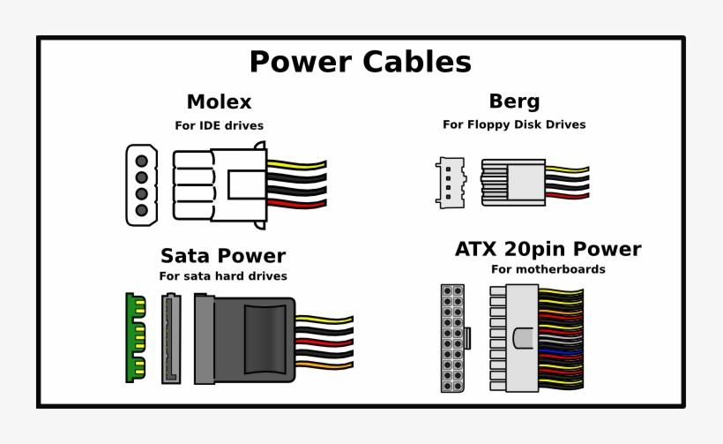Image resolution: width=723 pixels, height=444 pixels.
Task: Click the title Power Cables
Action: point(360,63)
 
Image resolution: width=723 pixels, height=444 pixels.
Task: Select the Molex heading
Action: point(219,102)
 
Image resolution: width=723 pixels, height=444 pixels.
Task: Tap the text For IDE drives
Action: point(219,125)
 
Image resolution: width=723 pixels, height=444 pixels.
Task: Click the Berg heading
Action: point(514,102)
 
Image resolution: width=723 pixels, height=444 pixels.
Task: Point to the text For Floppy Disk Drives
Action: point(514,124)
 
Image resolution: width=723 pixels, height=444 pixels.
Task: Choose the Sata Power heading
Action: point(223,256)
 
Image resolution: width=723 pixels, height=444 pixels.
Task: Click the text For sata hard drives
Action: point(223,276)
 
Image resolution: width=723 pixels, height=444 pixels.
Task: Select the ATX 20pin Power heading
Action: point(548,249)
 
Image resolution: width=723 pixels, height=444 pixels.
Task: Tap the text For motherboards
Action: point(548,269)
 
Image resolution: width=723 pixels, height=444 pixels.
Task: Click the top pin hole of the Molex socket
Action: point(140,159)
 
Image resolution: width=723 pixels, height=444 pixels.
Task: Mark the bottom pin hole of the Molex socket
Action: point(140,210)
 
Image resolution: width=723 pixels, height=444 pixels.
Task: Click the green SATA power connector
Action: point(134,337)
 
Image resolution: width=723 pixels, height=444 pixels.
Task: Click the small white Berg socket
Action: point(451,182)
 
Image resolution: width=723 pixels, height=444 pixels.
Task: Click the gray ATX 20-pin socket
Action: point(453,338)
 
